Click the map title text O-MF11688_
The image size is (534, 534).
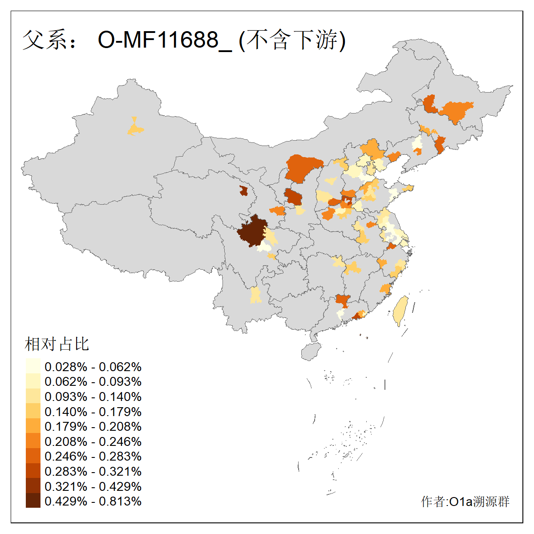click(x=165, y=40)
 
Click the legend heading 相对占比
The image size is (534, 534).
click(x=57, y=344)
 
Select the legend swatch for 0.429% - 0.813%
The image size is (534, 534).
click(x=33, y=501)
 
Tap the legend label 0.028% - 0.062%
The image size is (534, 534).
click(x=93, y=367)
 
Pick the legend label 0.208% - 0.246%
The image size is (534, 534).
click(x=93, y=441)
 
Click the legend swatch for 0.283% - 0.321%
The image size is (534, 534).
click(x=33, y=471)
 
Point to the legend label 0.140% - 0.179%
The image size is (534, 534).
click(x=93, y=412)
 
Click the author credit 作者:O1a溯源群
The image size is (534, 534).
click(x=465, y=502)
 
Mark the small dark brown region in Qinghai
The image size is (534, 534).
click(x=243, y=191)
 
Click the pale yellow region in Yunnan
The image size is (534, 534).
click(x=255, y=295)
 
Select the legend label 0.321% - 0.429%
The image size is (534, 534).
click(x=93, y=486)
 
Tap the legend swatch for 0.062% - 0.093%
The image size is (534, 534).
click(x=33, y=381)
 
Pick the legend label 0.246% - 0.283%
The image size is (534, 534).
click(x=93, y=457)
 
